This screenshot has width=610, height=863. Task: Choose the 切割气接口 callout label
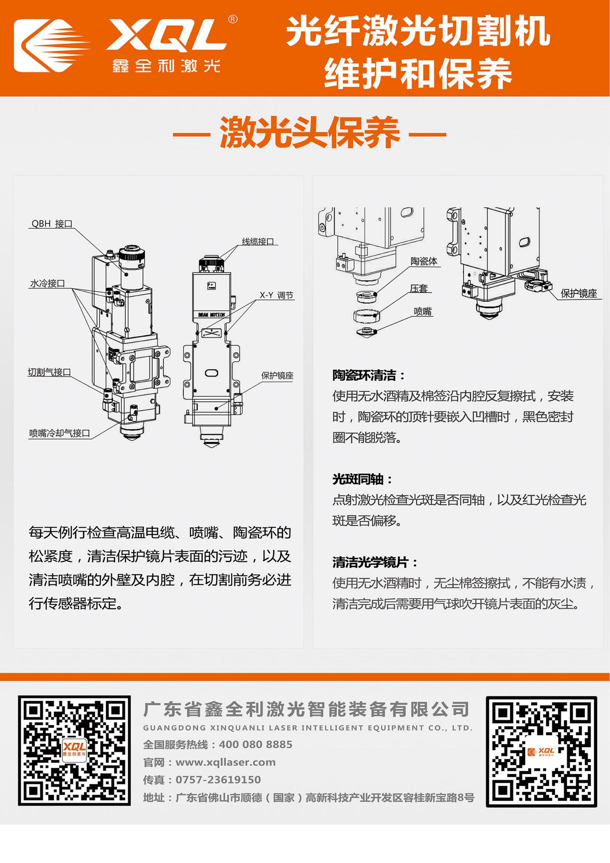point(49,372)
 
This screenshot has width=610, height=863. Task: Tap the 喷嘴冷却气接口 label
point(60,433)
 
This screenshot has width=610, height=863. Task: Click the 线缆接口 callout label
point(258,241)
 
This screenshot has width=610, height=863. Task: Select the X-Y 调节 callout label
point(276,295)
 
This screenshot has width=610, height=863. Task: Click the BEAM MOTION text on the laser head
point(211,314)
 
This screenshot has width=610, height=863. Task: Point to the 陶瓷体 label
point(424,261)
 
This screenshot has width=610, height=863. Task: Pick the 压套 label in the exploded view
point(419,289)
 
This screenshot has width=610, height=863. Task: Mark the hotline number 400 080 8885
point(256,745)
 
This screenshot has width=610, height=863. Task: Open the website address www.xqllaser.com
point(226,762)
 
